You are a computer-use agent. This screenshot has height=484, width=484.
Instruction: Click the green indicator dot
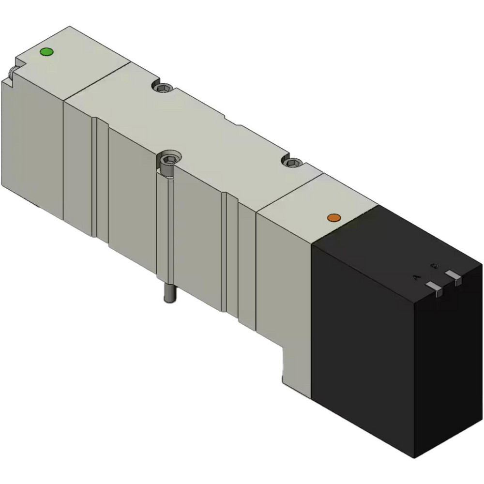(46, 52)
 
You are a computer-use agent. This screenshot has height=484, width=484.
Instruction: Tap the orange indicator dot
(333, 218)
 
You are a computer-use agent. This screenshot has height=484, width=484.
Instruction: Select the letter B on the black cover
(435, 266)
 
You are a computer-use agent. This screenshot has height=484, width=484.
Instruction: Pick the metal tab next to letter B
(454, 276)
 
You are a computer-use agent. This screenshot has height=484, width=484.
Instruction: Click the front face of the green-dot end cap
(32, 145)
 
